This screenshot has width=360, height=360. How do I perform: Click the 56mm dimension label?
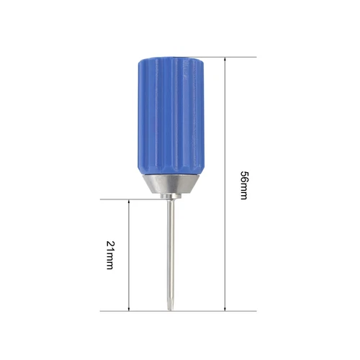(244, 185)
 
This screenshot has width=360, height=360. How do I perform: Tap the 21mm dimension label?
(110, 255)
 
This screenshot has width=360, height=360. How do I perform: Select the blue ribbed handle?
(171, 116)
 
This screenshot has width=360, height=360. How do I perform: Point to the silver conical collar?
(171, 184)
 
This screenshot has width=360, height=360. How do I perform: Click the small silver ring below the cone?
(171, 196)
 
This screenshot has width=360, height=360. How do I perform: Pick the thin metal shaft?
(171, 254)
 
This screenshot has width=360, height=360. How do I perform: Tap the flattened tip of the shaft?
(170, 305)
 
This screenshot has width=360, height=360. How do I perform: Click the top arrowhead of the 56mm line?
(225, 60)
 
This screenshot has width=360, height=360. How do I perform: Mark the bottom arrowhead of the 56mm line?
(225, 308)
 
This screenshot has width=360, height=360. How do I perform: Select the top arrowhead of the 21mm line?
(129, 202)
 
